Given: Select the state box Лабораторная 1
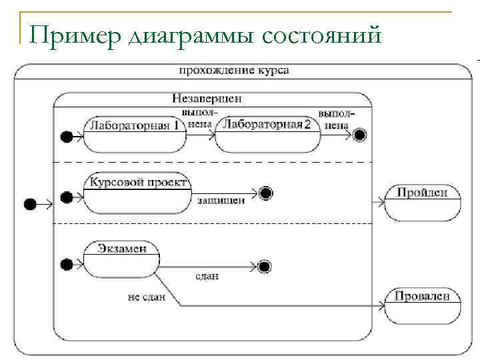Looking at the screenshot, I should coord(135,133).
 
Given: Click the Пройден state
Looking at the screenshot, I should coord(422,202).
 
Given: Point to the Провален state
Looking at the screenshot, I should coord(422,305).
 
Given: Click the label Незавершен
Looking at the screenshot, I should coord(207,98).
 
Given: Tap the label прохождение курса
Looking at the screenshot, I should coord(234,71).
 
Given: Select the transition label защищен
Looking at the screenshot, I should coord(220,199).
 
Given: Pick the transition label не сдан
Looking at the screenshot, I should coord(147,297).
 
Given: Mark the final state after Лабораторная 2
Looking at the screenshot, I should coord(360,136).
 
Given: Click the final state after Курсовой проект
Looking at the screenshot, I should coord(267,194).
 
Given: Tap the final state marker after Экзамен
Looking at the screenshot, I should coord(265,267).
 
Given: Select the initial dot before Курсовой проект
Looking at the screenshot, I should coord(66,197).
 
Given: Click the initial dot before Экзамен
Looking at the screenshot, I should coord(66,265).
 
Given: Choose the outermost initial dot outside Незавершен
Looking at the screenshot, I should coord(29,204).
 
